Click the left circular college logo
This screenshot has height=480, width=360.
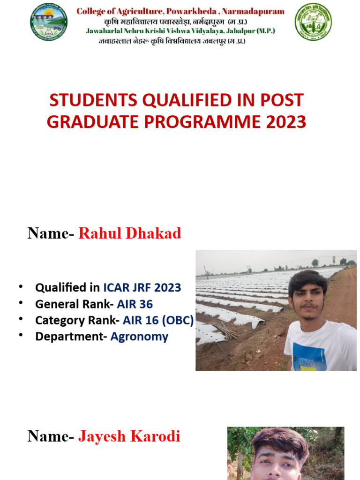[x=49, y=22]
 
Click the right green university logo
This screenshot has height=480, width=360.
[x=313, y=22]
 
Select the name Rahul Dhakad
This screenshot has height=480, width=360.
[x=130, y=233]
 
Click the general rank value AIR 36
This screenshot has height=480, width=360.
[x=135, y=304]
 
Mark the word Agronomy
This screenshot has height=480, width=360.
[x=139, y=337]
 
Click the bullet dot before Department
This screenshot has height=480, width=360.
[x=21, y=336]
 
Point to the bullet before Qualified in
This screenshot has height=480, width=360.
[x=21, y=286]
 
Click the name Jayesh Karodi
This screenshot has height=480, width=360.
[x=129, y=436]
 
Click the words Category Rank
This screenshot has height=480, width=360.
[x=75, y=321]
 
